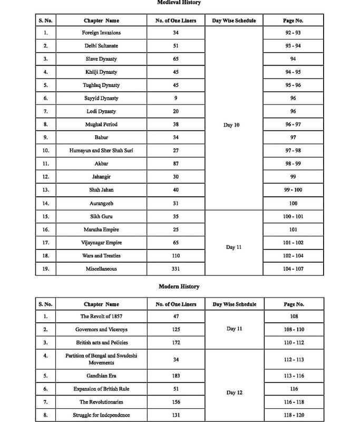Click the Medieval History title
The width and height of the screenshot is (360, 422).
pos(179,3)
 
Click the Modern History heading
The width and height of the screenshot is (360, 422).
pos(179,286)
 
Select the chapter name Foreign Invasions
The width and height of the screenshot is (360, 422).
pos(101,33)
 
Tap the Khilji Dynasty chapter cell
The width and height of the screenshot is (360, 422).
pos(101,72)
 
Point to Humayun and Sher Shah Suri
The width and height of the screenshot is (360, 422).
pos(101,151)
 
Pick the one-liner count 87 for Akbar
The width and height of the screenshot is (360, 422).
pos(176,164)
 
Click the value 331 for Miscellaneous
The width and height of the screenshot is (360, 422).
pos(176,269)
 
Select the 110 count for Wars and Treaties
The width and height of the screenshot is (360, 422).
pos(176,256)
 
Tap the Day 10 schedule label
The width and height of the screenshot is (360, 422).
pos(232,125)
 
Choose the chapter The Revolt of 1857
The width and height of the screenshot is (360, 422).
pos(101,316)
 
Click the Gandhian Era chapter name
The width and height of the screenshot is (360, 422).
pos(101,376)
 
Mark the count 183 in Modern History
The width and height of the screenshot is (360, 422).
pos(176,376)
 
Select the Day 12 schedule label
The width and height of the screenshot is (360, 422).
pos(234,392)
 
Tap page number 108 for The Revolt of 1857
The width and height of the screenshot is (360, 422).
pos(294,316)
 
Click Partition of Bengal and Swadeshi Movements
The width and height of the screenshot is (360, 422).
pos(101,359)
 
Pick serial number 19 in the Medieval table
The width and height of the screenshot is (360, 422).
pos(45,269)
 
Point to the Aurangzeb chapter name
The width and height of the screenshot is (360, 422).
pos(101,204)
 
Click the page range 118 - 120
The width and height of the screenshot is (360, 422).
pos(294,415)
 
